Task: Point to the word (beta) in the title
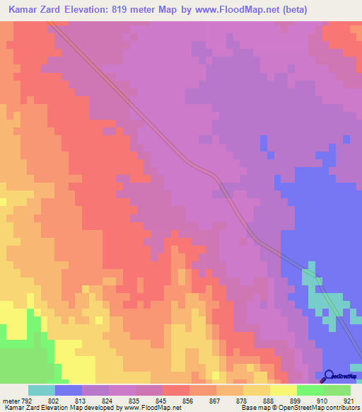pos(337,11)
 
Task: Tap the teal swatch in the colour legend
pos(42,390)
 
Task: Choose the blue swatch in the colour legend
pos(69,390)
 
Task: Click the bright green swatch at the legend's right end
pos(337,390)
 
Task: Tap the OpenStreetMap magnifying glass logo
pos(327,376)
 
